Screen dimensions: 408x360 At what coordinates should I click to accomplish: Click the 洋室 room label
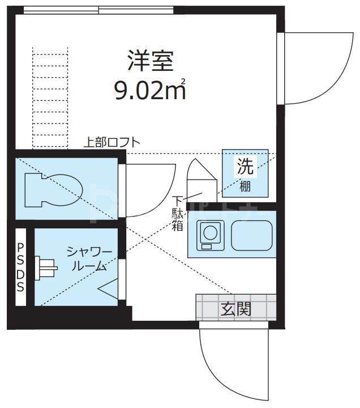click(150, 60)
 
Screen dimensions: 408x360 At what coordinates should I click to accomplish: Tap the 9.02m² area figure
click(150, 90)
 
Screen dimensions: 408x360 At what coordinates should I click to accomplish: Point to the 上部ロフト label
click(112, 143)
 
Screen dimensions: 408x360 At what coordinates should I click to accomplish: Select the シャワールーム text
click(89, 258)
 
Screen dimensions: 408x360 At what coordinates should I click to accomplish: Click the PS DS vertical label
click(20, 267)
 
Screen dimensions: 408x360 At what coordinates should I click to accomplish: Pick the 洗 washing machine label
click(245, 166)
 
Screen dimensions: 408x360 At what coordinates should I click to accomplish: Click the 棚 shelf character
click(245, 185)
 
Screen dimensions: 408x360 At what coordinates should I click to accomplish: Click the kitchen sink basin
click(251, 233)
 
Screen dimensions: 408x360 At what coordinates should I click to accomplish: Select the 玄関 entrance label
click(236, 309)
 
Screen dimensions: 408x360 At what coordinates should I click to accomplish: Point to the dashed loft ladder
click(50, 96)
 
